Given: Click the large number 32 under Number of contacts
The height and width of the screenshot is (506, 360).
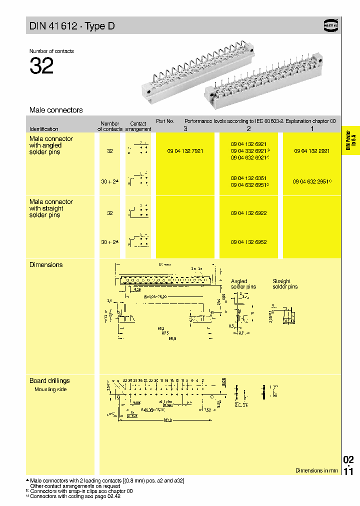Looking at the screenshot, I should coord(41,66).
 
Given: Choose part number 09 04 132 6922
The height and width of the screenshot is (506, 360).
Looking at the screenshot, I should coord(248,213).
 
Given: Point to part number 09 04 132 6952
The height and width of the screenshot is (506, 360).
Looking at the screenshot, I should coord(248,242).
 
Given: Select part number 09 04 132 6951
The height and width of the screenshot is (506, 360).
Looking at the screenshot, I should coord(248,178).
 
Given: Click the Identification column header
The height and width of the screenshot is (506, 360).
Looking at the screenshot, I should coord(44,129).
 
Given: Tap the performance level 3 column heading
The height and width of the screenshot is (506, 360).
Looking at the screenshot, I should coord(185,128).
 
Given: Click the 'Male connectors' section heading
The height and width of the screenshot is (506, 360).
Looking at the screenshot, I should coord(56,110).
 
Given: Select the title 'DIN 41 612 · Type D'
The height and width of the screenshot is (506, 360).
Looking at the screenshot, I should coord(72,26).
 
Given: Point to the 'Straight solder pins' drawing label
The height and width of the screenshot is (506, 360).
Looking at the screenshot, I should coord(285,284).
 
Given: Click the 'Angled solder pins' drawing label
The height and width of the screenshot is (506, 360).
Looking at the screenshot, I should coord(243,284).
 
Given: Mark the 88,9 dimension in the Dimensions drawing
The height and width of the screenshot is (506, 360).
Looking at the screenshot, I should coord(171,339).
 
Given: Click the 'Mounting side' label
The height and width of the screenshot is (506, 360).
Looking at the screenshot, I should coord(50,389).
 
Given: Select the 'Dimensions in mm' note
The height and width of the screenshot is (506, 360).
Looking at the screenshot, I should coord(316,470).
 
